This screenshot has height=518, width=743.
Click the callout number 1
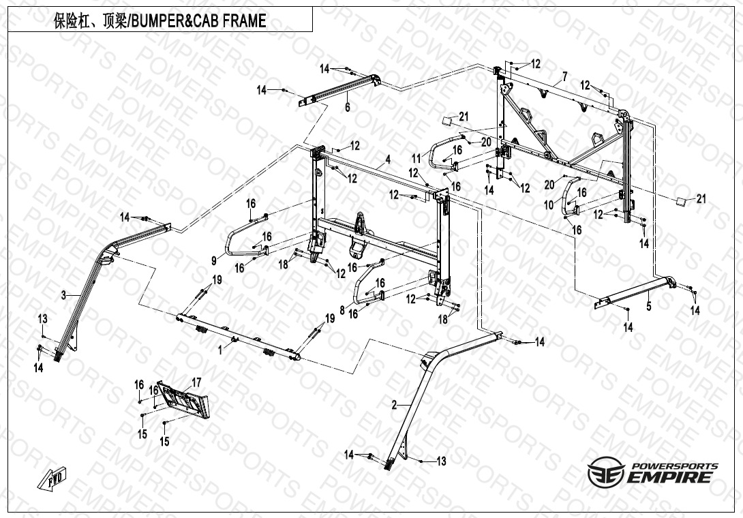[x=220, y=349]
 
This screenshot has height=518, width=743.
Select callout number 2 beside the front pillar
[x=394, y=405]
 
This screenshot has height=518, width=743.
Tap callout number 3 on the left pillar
[x=63, y=295]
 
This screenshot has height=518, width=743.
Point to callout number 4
[x=387, y=159]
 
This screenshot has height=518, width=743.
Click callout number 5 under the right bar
[x=648, y=307]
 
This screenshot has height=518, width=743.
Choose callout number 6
[x=347, y=107]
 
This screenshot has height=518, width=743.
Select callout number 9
[x=213, y=260]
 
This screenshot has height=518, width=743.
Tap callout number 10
[x=549, y=204]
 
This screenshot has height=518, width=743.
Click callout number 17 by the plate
[x=196, y=382]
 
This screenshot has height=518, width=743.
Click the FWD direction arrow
[x=57, y=476]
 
